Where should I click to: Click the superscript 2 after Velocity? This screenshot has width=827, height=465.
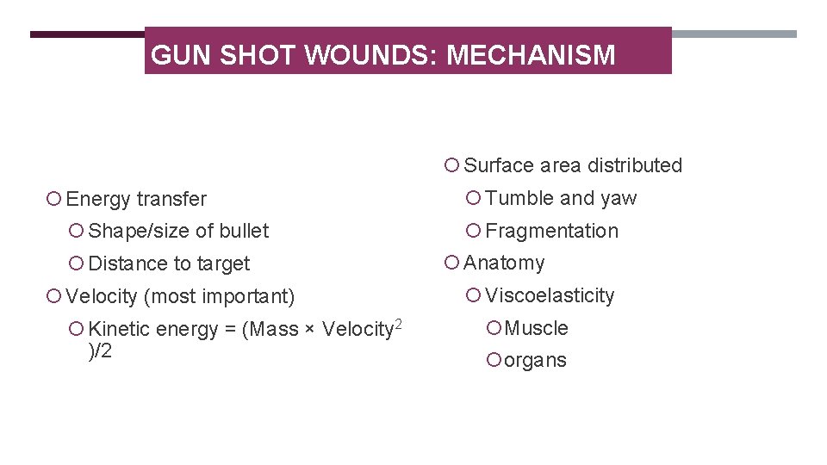coord(398,323)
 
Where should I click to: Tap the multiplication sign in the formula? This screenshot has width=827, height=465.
coord(309,331)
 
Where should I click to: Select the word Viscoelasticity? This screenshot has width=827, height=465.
coord(550,296)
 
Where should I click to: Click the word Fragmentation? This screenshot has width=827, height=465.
coord(551,231)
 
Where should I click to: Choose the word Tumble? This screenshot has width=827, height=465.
coord(519,198)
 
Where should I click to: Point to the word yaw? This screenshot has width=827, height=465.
coord(619,199)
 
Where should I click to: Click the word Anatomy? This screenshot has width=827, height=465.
coord(504,263)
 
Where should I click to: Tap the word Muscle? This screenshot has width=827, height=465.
coord(536,328)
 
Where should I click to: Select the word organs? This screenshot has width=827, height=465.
coord(535,361)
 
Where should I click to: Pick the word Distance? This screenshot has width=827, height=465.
coord(126,263)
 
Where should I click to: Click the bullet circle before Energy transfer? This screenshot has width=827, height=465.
coord(53,199)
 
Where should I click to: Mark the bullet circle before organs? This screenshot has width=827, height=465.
coord(493,360)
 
